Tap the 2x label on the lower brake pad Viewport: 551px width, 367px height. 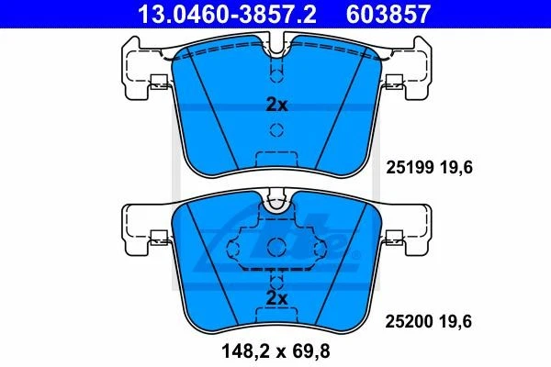(x=276, y=298)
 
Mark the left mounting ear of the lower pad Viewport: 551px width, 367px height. (x=140, y=228)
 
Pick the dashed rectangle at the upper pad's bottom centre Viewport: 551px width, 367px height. (x=275, y=158)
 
